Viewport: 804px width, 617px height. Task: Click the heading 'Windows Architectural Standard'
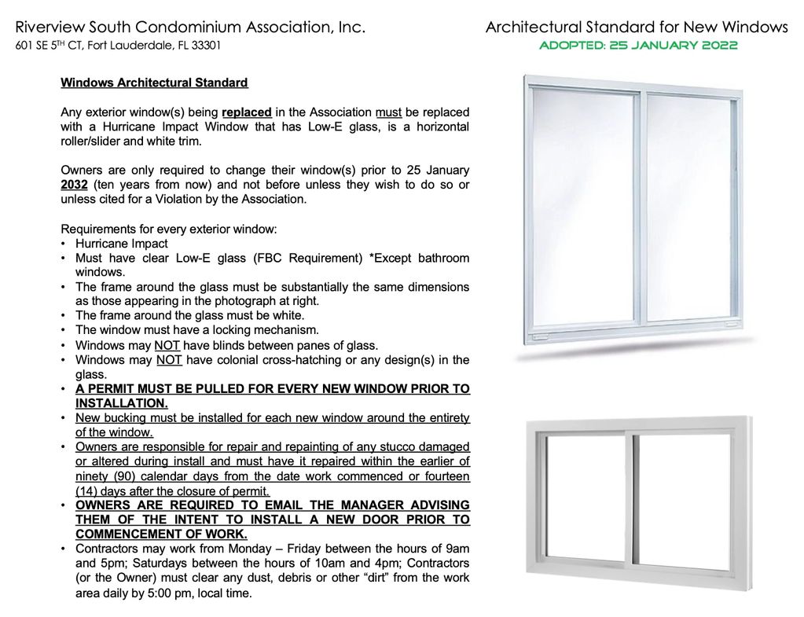154,83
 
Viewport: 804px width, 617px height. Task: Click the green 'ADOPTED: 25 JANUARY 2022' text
637,46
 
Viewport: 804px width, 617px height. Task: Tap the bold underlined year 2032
74,185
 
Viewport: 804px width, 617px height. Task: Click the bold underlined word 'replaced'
247,112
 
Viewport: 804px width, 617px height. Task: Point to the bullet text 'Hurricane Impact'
121,244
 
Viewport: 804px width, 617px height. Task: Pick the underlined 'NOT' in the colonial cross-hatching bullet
170,360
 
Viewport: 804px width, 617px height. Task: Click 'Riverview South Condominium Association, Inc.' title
191,28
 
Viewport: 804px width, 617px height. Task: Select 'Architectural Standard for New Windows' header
637,28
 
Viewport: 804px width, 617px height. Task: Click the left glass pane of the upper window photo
583,208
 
